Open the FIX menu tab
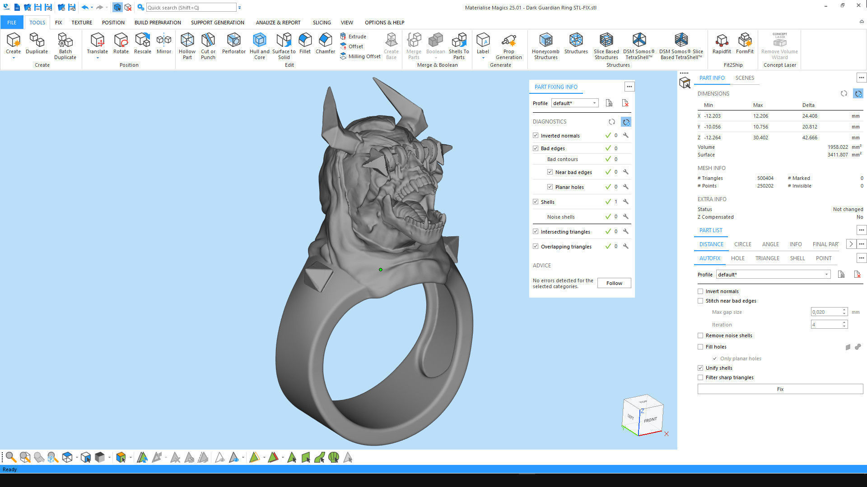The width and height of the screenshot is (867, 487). pos(58,23)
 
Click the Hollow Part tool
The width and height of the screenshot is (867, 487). pos(187,46)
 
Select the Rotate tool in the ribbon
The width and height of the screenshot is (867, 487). pos(121,44)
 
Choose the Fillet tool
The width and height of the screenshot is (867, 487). pos(305,44)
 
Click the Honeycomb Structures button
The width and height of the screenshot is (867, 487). pos(545,46)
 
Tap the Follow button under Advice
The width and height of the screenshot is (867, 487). pos(614,283)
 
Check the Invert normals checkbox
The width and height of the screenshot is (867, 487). pos(700,291)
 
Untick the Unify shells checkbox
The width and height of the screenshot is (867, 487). pos(700,368)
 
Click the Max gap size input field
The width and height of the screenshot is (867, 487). pos(826,312)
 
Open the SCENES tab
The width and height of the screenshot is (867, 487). pos(745,78)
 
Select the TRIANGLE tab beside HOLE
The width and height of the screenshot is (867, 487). pos(767,258)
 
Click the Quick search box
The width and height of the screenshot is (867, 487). pos(191,8)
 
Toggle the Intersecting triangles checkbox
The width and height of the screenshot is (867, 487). pos(536,232)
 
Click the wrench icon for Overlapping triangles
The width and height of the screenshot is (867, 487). pos(626,246)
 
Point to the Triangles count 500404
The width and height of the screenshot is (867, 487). pos(765,178)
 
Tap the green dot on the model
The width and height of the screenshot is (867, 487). pos(381,270)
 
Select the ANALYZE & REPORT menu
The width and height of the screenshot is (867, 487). pos(278,23)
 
